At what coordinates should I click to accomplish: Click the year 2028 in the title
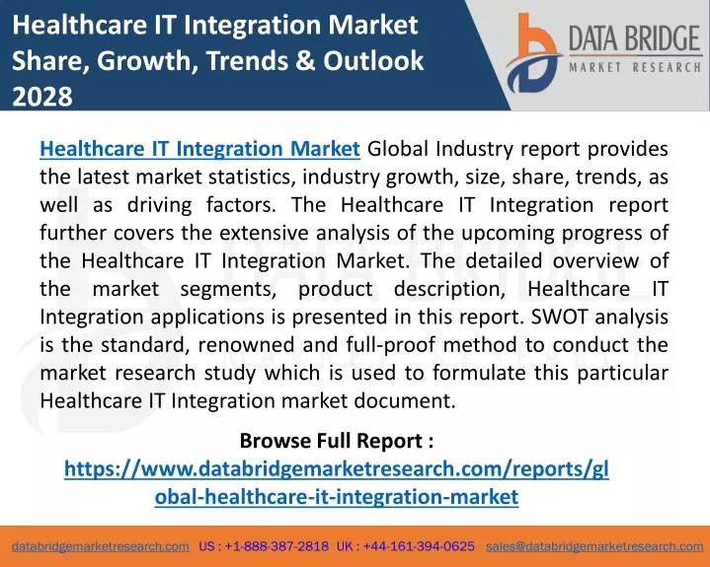coord(42,96)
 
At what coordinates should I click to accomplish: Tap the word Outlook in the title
coord(373,60)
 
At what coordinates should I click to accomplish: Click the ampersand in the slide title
coord(305,60)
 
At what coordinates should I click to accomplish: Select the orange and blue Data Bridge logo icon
coord(533,53)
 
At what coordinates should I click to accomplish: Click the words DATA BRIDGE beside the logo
coord(634,38)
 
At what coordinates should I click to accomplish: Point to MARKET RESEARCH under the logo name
coord(635,68)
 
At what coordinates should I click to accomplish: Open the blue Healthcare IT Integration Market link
coord(199,149)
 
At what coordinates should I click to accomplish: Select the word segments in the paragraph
coord(228,289)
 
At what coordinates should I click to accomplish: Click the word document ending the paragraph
coord(404,401)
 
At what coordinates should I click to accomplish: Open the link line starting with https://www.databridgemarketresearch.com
coord(337,468)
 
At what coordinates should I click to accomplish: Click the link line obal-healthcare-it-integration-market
coord(337,497)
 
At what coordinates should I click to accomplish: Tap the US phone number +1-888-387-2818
coord(276,546)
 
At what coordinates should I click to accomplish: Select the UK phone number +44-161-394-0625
coord(419,546)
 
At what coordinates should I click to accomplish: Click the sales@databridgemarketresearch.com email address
coord(594,546)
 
